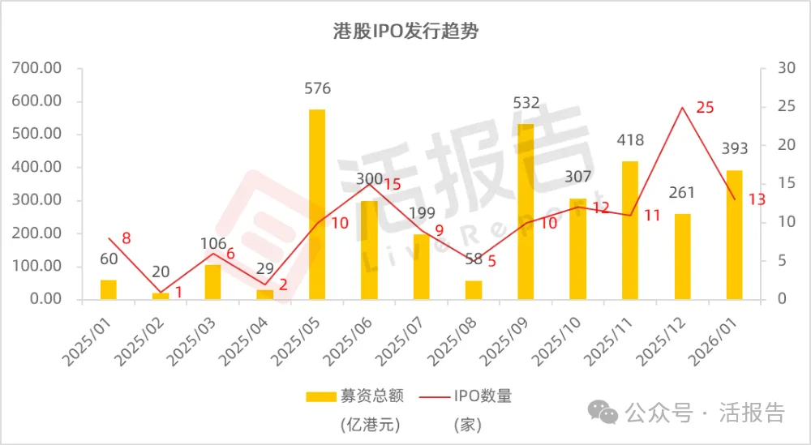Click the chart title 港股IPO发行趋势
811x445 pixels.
[x=406, y=32]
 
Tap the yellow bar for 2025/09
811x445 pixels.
[x=526, y=212]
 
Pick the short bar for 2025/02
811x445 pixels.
[x=161, y=296]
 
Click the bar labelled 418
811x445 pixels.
[x=630, y=230]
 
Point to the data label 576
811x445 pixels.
[x=317, y=88]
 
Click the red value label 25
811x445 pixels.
[x=705, y=107]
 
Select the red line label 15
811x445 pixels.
[x=393, y=184]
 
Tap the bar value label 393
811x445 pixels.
[x=734, y=148]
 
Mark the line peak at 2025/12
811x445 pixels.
[x=682, y=108]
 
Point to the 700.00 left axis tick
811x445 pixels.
[x=38, y=69]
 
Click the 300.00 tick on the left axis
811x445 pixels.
[x=38, y=201]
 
